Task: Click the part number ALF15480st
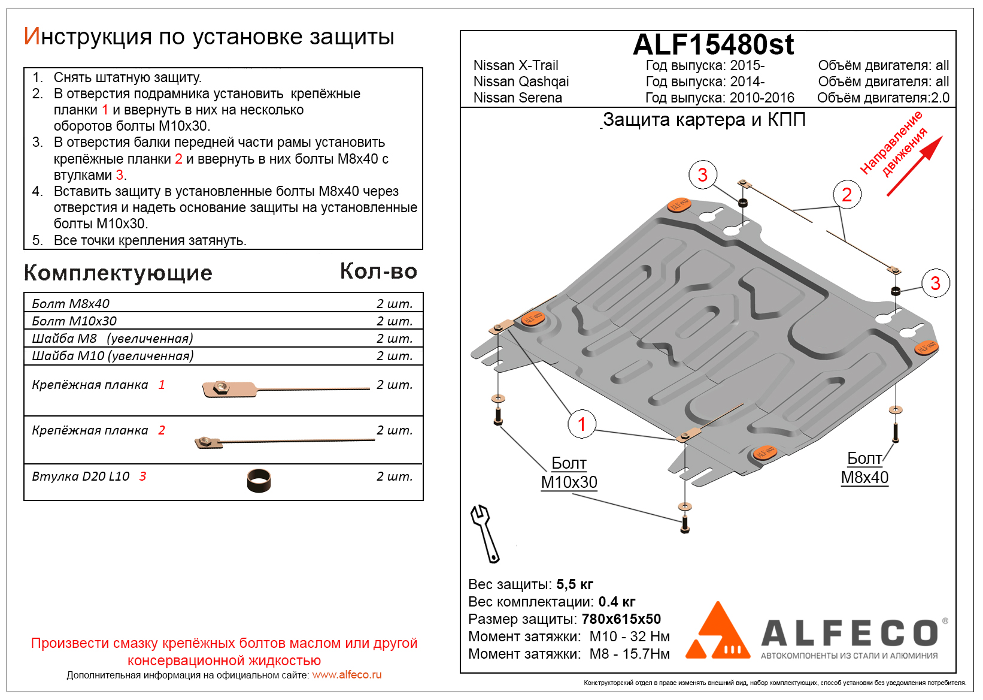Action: click(x=713, y=45)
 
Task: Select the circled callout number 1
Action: click(x=581, y=424)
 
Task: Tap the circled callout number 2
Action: click(x=847, y=195)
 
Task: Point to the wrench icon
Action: click(x=485, y=533)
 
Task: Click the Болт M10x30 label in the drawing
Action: click(x=569, y=473)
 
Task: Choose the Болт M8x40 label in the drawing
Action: click(x=864, y=468)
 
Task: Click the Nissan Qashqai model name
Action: click(x=521, y=82)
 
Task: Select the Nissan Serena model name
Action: click(x=517, y=98)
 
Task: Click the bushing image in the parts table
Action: click(x=259, y=480)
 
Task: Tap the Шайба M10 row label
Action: click(x=113, y=356)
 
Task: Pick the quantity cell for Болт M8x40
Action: click(x=395, y=304)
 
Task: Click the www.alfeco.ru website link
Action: click(x=347, y=675)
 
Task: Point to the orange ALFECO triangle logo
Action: click(x=717, y=632)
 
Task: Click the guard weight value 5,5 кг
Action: click(x=575, y=584)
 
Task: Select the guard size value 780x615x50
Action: click(x=621, y=619)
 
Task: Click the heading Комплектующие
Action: click(x=118, y=273)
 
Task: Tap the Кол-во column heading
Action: click(x=378, y=271)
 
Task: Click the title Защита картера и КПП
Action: click(x=704, y=120)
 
